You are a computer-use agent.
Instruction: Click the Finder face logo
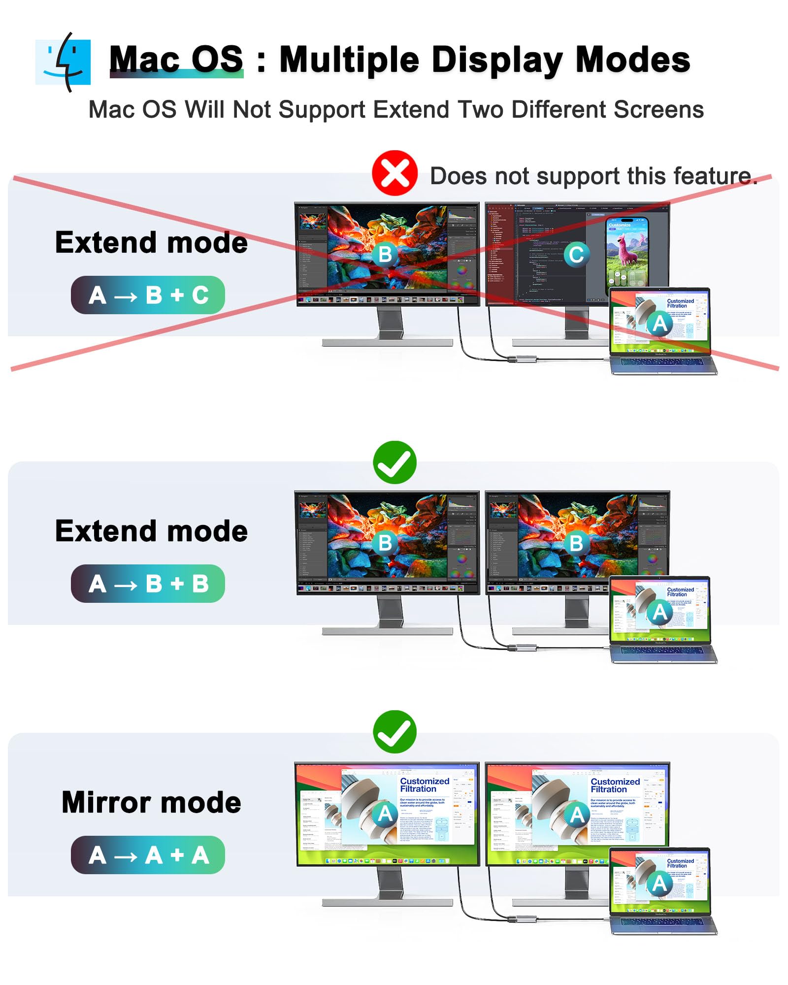pos(63,62)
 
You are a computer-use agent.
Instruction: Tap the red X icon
pos(394,173)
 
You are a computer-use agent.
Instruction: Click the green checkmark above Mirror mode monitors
pos(394,731)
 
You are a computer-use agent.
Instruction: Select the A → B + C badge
pos(148,295)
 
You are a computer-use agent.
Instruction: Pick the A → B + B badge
pos(148,584)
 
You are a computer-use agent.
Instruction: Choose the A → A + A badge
pos(148,855)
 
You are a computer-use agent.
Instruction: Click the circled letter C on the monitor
pos(576,255)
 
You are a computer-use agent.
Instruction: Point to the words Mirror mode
pos(151,802)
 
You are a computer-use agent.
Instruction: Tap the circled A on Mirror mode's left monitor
pos(385,814)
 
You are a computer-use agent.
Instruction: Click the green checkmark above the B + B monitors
pos(394,462)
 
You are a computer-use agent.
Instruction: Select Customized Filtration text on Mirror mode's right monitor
pos(615,785)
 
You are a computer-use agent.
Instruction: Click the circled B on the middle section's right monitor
pos(576,543)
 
